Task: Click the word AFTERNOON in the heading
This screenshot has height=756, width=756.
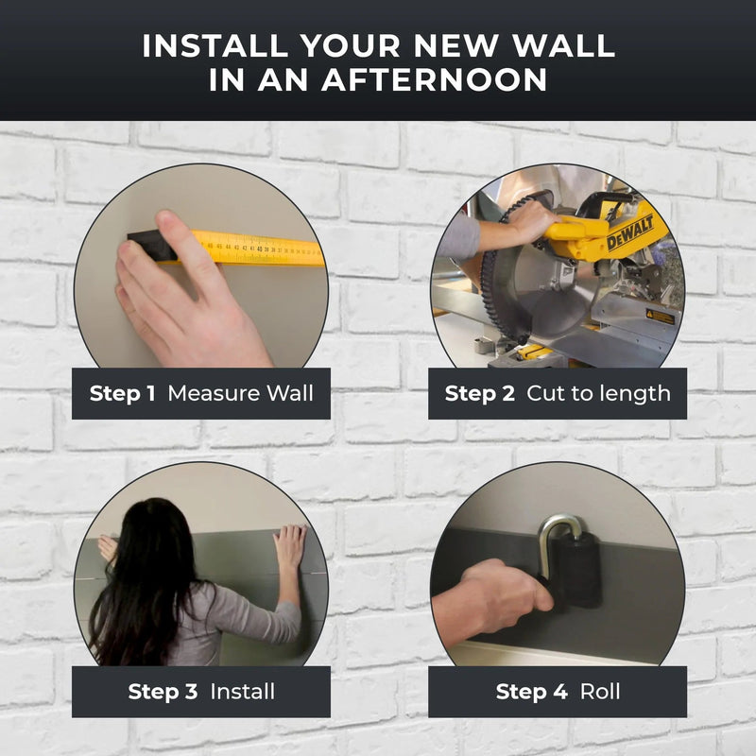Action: coord(435,79)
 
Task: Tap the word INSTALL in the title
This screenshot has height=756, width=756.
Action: coord(215,45)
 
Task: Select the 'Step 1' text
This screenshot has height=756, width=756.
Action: coord(123,393)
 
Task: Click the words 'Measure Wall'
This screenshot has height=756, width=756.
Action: coord(241,393)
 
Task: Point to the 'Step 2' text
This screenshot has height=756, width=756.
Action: coord(480,393)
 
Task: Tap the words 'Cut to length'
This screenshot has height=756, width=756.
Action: coord(598,394)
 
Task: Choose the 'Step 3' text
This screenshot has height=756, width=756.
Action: coord(163,692)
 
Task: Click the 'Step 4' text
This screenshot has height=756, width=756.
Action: coord(531,692)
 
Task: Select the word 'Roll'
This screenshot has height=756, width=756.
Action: coord(600,692)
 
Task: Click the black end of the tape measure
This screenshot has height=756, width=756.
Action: coord(150,246)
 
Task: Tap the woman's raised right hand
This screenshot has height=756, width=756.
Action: coord(289,546)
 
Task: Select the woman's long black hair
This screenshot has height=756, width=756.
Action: coord(145,578)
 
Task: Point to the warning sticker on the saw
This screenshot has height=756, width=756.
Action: coord(660,317)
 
